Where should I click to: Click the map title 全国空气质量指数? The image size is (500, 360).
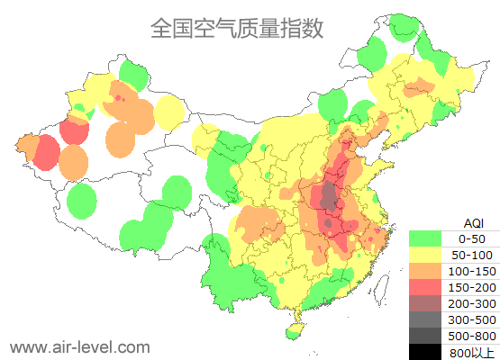tap(236, 28)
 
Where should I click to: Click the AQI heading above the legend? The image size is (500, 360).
tap(473, 222)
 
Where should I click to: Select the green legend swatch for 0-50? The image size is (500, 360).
tap(424, 238)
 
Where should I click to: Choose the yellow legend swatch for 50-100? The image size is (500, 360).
tap(424, 255)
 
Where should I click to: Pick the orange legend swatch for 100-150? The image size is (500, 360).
tap(424, 271)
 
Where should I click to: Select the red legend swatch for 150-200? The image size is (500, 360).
tap(424, 287)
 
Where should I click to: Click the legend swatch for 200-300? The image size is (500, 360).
tap(424, 303)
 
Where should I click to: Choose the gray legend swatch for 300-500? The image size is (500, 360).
tap(424, 319)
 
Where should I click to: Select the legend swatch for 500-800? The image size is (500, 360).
tap(424, 336)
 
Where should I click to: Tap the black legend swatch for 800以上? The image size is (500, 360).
tap(424, 351)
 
